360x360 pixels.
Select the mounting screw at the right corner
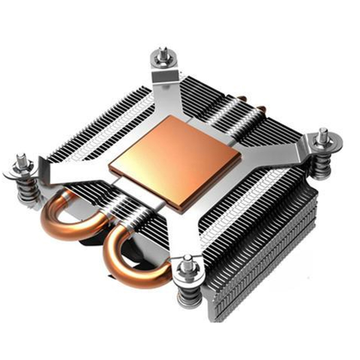(323, 141)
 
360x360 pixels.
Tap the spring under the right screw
(321, 165)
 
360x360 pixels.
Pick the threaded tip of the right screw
(323, 133)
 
